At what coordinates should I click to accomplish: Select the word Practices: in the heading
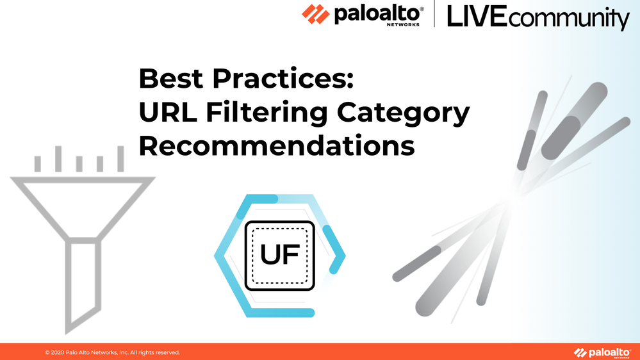coord(283,78)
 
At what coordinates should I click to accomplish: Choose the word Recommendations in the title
coord(277,145)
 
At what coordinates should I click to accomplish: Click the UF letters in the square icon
coord(279,255)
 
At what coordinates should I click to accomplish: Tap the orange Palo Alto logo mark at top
coord(315,14)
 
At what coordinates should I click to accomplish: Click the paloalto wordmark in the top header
coord(376,14)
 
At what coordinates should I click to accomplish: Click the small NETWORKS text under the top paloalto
coord(403,24)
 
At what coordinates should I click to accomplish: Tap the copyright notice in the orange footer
coord(112,352)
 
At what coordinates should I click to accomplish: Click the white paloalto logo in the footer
coord(602,353)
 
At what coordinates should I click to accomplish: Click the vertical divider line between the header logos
coord(434,14)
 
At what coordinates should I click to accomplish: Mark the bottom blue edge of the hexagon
coord(281,313)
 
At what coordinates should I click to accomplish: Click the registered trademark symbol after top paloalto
coord(422,9)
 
